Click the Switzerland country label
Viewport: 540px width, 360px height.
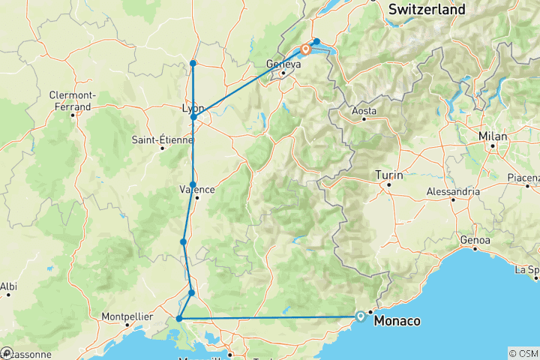tap(426, 10)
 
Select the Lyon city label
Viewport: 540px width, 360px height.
tap(193, 107)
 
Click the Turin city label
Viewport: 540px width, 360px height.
tap(389, 175)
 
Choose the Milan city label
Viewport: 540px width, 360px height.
tap(494, 136)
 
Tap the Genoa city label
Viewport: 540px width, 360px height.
tap(476, 240)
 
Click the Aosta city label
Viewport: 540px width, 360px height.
tap(364, 111)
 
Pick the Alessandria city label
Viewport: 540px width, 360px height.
tap(453, 191)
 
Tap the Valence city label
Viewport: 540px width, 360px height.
tap(197, 189)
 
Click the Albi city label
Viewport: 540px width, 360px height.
tap(8, 286)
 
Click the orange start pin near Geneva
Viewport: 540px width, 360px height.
tap(306, 50)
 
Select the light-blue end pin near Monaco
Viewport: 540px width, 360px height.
tap(361, 316)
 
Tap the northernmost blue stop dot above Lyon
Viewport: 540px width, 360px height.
tap(193, 63)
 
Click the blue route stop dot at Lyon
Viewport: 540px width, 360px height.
tap(193, 117)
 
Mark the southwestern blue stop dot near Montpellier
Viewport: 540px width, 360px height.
tap(179, 319)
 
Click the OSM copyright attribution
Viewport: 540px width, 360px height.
tap(523, 353)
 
